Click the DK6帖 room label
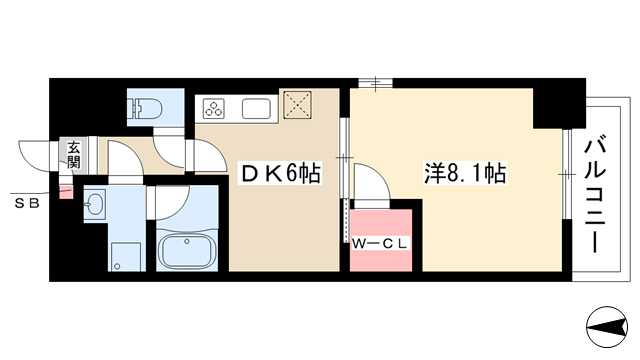(x=281, y=173)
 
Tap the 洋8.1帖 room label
(x=465, y=173)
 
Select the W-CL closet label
(x=380, y=244)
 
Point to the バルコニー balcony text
(x=595, y=196)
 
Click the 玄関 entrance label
(x=74, y=155)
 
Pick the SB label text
(x=27, y=203)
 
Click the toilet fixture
(x=145, y=109)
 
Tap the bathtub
(x=187, y=252)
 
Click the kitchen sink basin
(x=256, y=109)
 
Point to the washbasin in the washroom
(x=95, y=202)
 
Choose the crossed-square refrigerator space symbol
(x=298, y=105)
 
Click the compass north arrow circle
(x=607, y=327)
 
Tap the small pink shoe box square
(x=66, y=192)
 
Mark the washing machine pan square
(x=126, y=257)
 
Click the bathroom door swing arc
(x=171, y=202)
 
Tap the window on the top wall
(x=376, y=83)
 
